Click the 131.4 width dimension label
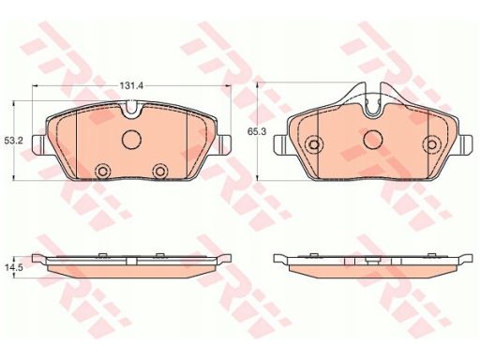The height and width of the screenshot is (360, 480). click(x=131, y=85)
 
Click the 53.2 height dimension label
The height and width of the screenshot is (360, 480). click(x=14, y=141)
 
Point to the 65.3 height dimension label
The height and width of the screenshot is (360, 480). click(x=257, y=131)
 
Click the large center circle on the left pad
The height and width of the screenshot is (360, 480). click(x=131, y=139)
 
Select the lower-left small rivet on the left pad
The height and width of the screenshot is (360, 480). click(x=102, y=171)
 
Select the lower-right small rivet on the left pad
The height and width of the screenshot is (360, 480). click(x=159, y=171)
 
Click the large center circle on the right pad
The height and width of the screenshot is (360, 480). click(x=373, y=139)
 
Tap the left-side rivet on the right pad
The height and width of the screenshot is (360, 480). click(x=313, y=144)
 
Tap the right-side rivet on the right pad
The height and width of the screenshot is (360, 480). click(x=431, y=144)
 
